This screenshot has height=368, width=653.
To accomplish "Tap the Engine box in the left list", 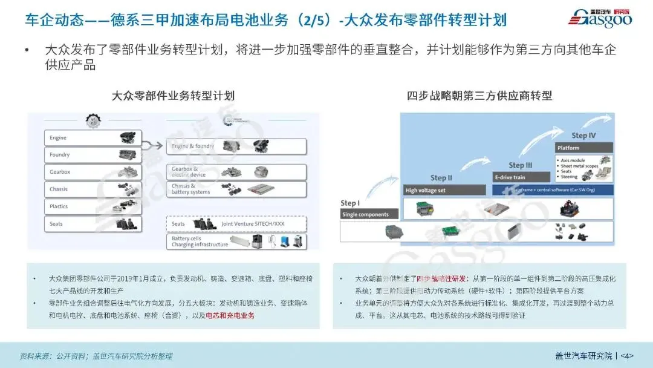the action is pos(93,138).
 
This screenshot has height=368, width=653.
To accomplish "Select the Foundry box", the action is pos(93,155).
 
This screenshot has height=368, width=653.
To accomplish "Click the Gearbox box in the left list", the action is pos(93,172).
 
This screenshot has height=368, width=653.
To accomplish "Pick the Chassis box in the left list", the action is pos(93,189).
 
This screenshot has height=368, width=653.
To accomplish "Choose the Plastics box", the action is pos(93,206).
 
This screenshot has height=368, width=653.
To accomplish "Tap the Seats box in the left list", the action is pos(93,224).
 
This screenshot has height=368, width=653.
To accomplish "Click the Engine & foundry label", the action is pos(193,146).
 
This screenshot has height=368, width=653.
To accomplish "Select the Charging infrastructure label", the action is pos(200,245).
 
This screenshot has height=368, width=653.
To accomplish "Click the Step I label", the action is pos(350,203).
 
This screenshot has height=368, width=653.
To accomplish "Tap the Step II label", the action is pos(441,178).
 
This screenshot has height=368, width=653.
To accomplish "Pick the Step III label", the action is pos(520,165).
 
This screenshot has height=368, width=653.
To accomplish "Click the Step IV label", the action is pos(583,136).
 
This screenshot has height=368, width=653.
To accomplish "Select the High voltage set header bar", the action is pos(445,191).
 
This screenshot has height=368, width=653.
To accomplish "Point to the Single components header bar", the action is pos(369,215).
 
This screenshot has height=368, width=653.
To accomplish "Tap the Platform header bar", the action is pos(584,148).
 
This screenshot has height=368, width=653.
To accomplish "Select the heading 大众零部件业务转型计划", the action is pos(173,96).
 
